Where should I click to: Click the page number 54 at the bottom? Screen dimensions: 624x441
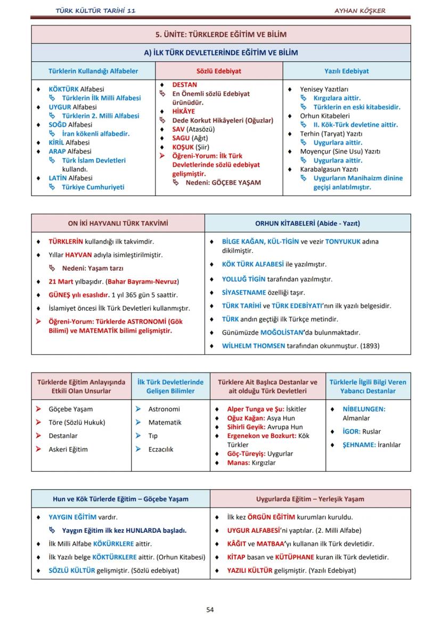click(x=210, y=610)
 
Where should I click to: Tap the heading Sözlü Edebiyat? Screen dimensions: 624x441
click(x=219, y=71)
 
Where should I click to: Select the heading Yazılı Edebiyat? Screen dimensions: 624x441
click(x=347, y=71)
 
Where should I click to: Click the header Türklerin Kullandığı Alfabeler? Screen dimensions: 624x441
click(x=93, y=71)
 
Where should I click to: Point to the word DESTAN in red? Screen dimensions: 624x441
click(x=184, y=85)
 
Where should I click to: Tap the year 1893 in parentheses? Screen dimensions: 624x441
click(x=370, y=346)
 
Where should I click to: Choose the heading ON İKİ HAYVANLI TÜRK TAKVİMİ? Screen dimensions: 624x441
click(x=118, y=223)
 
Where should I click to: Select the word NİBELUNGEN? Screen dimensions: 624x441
click(x=364, y=409)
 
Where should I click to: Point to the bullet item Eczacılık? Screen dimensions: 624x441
click(x=161, y=449)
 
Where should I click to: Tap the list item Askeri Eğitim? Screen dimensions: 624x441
click(x=68, y=449)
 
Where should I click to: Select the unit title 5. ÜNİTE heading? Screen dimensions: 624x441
click(x=220, y=35)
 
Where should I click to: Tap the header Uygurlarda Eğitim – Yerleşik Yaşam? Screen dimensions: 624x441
click(x=310, y=499)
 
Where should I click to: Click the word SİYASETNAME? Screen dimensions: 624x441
click(x=244, y=293)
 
